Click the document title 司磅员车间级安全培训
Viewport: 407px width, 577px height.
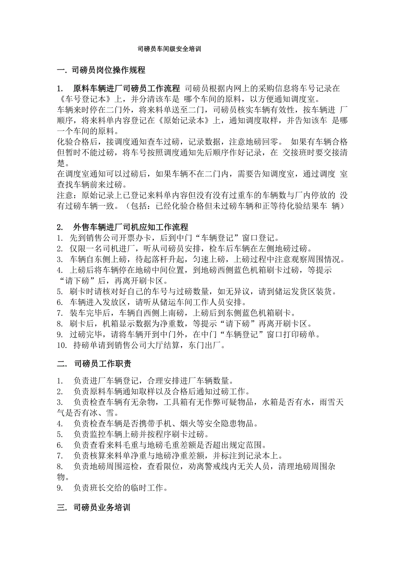pyautogui.click(x=169, y=49)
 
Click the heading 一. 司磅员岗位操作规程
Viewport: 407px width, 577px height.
pyautogui.click(x=101, y=70)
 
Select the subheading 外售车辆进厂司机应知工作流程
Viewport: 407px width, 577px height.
pyautogui.click(x=131, y=227)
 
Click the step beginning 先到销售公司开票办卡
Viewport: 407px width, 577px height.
pyautogui.click(x=174, y=238)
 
